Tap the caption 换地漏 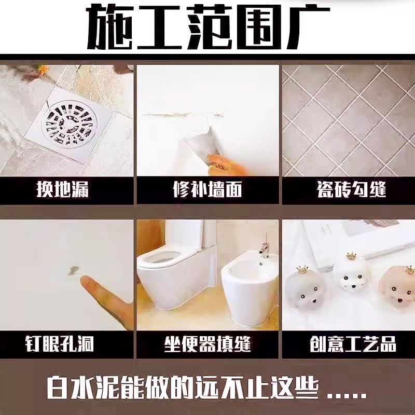click(x=62, y=189)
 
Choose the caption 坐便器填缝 click(x=208, y=343)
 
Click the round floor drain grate click(x=72, y=122)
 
